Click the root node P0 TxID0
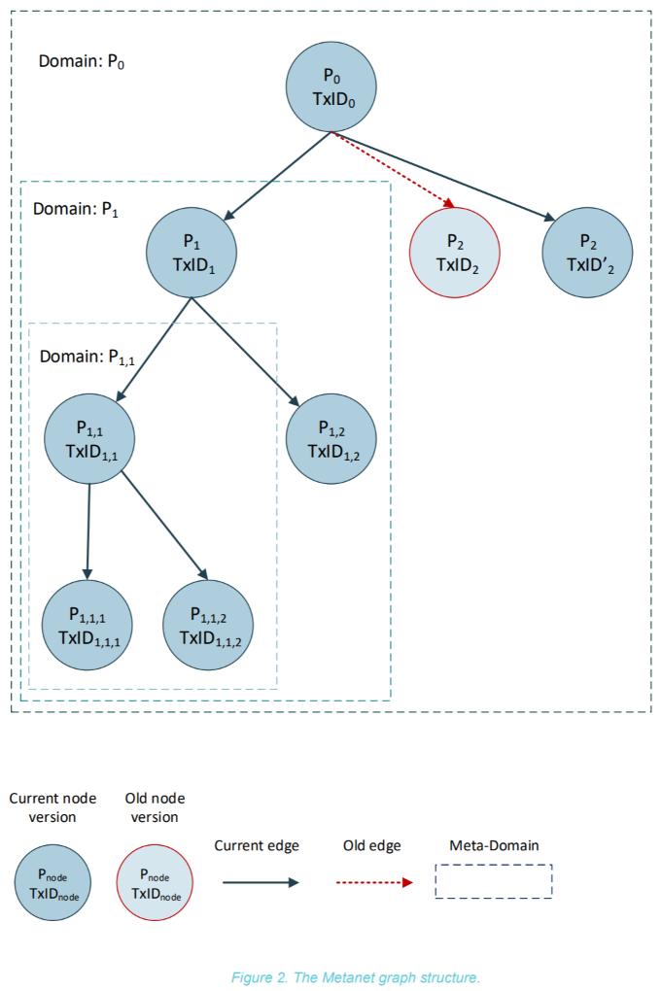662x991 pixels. tap(331, 87)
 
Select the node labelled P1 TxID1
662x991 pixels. tap(192, 253)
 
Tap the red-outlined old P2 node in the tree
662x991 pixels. tap(455, 253)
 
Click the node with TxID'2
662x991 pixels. tap(587, 253)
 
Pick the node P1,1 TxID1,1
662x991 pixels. tap(89, 438)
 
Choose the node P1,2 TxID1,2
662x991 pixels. tap(331, 438)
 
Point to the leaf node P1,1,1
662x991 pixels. tap(87, 625)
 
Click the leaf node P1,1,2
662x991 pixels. tap(208, 625)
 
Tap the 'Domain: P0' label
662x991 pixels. tap(82, 61)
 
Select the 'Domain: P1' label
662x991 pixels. tap(76, 209)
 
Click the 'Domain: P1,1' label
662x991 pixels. tap(87, 358)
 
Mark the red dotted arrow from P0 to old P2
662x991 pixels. tap(393, 170)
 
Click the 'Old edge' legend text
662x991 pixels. tap(371, 845)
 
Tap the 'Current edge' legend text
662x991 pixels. tap(257, 846)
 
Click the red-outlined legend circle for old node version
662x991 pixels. tap(155, 882)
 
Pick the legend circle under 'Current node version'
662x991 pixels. tap(52, 882)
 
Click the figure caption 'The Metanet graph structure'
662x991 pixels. tap(387, 977)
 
